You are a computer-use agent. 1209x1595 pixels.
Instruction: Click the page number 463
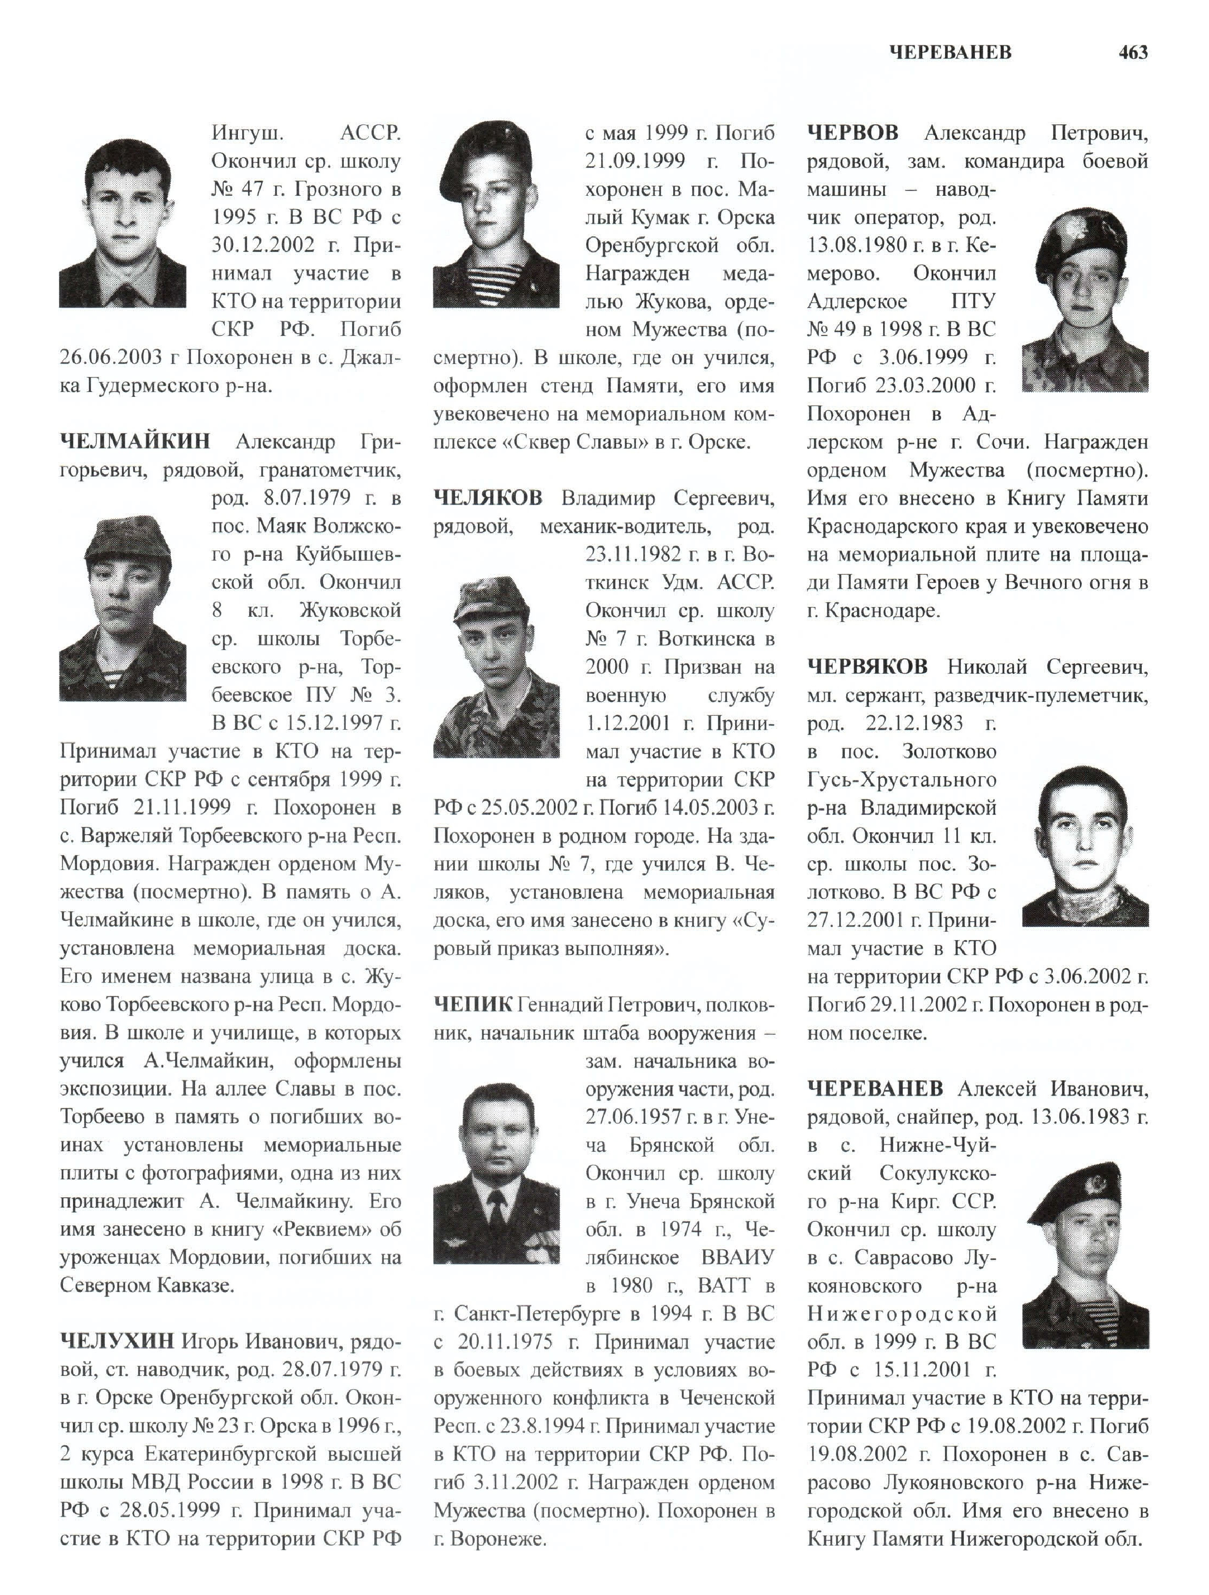[1133, 53]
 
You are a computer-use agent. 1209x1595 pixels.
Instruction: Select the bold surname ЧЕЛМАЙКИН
[135, 441]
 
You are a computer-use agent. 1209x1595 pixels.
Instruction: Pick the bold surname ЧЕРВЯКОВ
[867, 667]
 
